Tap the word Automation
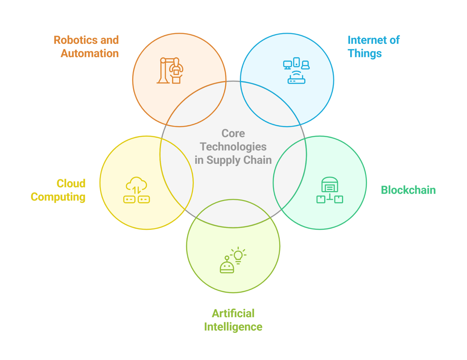[x=90, y=53]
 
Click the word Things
[x=365, y=53]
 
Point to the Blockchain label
[x=408, y=190]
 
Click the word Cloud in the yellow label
[x=71, y=183]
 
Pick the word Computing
[x=58, y=197]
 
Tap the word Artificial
[x=233, y=313]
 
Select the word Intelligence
[x=233, y=327]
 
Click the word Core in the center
[x=233, y=133]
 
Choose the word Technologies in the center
[x=233, y=147]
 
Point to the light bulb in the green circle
[x=238, y=255]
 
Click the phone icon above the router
[x=297, y=62]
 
